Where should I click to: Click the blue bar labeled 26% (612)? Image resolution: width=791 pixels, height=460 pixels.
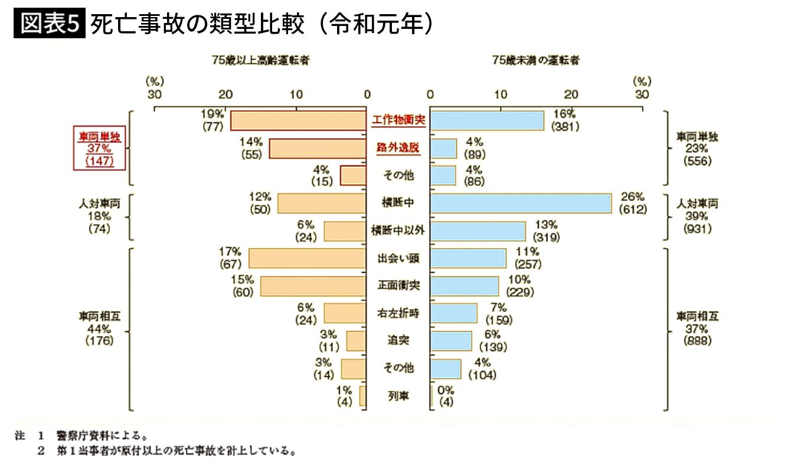click(x=521, y=203)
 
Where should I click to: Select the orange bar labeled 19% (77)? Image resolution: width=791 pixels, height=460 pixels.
click(x=298, y=120)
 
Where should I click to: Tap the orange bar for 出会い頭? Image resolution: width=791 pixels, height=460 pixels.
click(x=308, y=258)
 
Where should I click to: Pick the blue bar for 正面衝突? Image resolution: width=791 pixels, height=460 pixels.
click(x=465, y=286)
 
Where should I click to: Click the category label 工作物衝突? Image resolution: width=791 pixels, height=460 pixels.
click(x=398, y=120)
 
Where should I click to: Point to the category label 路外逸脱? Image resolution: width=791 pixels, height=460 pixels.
click(x=398, y=148)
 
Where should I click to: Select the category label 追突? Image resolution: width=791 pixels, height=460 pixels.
click(x=398, y=341)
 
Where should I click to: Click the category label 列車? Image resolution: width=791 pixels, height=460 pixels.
click(x=398, y=396)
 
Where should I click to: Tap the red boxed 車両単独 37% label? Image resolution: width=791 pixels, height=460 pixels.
click(x=99, y=148)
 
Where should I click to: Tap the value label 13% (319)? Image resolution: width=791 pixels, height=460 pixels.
click(x=545, y=231)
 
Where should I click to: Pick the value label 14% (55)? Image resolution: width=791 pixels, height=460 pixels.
click(x=251, y=147)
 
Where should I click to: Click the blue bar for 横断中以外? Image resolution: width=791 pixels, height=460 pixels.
click(x=478, y=231)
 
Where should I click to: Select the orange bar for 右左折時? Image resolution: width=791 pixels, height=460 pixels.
click(x=345, y=313)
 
